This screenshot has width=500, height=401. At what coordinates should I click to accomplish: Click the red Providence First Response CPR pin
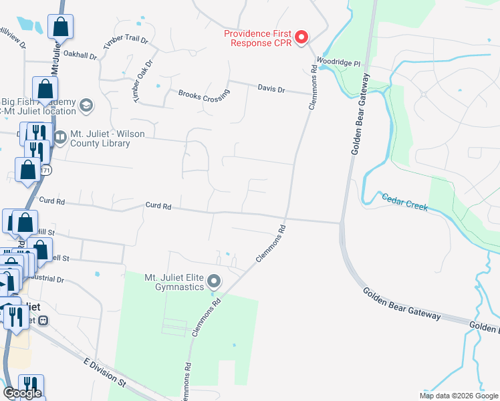(301, 37)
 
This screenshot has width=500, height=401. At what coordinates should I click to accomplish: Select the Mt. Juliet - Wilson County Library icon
(60, 138)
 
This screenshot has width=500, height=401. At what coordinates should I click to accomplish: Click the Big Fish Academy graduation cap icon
(86, 106)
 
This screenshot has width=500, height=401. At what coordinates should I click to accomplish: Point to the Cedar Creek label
(404, 201)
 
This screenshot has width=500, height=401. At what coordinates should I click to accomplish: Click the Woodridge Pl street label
(338, 63)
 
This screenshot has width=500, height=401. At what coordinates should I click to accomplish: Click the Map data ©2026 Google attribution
(458, 396)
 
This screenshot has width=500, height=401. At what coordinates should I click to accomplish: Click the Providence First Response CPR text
(258, 37)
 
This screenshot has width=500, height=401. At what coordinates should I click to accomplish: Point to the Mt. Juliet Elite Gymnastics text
(174, 281)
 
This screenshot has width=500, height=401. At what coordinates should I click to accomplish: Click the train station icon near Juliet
(44, 320)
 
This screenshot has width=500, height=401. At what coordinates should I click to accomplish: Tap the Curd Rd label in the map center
(158, 207)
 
